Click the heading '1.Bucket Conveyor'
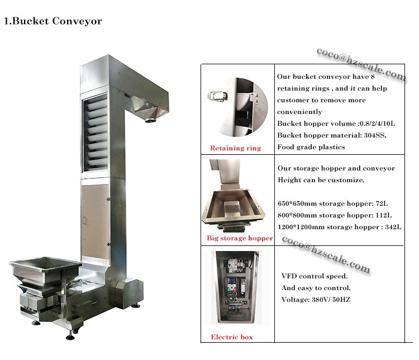[x=53, y=21]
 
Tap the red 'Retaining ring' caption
[x=235, y=148]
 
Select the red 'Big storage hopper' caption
[x=239, y=238]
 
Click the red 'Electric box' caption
[x=231, y=337]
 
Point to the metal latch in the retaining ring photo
[x=216, y=96]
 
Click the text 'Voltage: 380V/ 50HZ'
[x=316, y=300]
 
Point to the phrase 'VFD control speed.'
[x=315, y=277]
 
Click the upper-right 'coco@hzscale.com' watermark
[x=360, y=63]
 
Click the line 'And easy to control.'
[x=316, y=288]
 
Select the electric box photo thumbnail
[x=236, y=288]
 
